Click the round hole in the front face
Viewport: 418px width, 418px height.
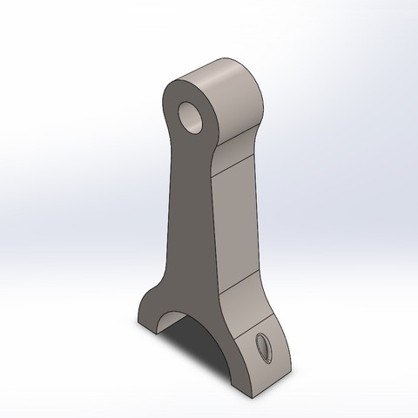click(190, 113)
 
